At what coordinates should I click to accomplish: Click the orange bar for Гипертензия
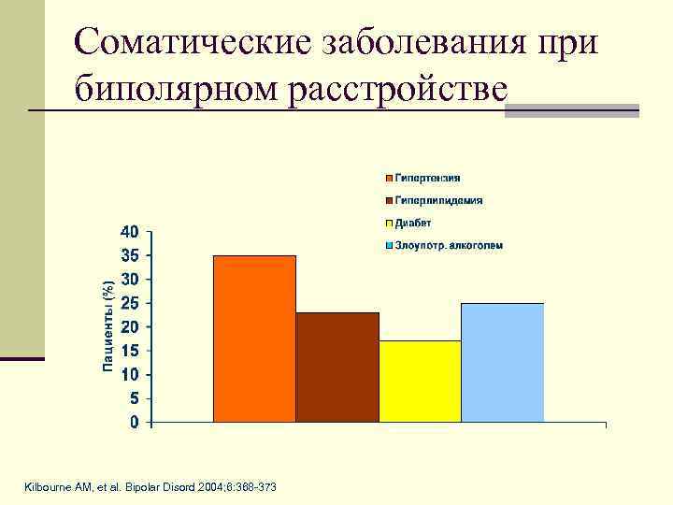tap(254, 339)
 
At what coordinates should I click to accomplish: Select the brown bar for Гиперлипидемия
tap(337, 367)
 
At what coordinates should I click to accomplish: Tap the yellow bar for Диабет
tap(420, 382)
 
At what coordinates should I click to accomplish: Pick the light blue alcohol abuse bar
tap(502, 363)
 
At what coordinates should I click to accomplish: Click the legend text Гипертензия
tap(427, 178)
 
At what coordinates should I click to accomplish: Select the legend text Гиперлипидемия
tap(438, 200)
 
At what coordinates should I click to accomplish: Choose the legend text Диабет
tap(413, 223)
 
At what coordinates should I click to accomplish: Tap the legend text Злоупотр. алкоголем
tap(449, 245)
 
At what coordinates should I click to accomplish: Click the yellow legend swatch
tap(387, 224)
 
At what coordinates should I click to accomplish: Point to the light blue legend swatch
tap(387, 246)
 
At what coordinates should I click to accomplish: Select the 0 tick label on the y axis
tap(135, 423)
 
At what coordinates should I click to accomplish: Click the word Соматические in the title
tap(191, 42)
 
